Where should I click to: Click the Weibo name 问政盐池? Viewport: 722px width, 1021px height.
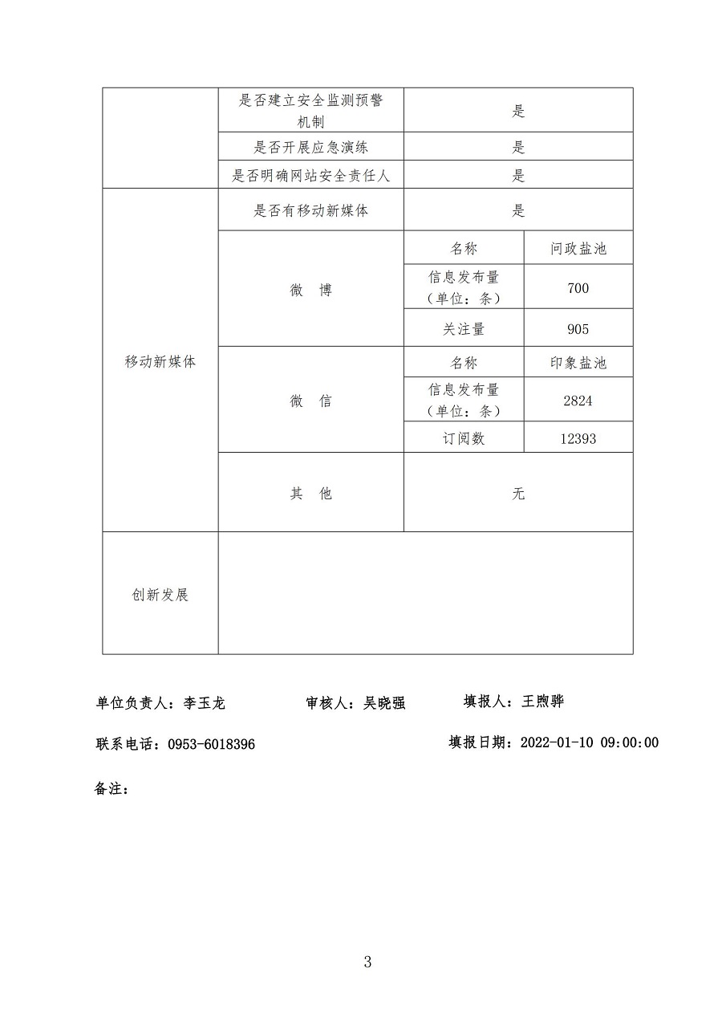click(578, 249)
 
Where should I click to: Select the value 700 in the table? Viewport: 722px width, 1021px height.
click(578, 288)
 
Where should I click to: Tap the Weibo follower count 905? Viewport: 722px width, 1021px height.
click(578, 329)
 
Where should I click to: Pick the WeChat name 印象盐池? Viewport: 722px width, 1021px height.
click(578, 363)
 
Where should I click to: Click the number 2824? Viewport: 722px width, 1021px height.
click(578, 401)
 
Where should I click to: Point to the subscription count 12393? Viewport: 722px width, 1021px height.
click(578, 439)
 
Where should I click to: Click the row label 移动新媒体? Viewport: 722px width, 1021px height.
click(160, 361)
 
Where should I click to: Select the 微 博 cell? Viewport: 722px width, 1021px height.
click(310, 291)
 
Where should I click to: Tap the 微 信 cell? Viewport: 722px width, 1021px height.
click(310, 401)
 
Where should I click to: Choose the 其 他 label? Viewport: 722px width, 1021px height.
click(310, 494)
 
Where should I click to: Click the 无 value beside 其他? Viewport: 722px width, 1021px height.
click(518, 494)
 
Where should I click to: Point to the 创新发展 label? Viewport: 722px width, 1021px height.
click(160, 595)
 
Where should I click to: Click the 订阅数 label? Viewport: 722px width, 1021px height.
click(464, 439)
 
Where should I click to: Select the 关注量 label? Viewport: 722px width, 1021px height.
click(464, 329)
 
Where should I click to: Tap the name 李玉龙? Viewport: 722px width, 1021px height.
click(205, 703)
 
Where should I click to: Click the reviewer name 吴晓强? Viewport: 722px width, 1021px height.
click(384, 703)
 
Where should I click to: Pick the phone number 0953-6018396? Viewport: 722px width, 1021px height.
click(211, 745)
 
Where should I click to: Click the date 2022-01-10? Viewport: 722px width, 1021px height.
click(557, 742)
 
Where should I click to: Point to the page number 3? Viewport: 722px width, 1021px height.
click(367, 962)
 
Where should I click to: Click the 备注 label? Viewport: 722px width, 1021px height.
click(111, 788)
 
